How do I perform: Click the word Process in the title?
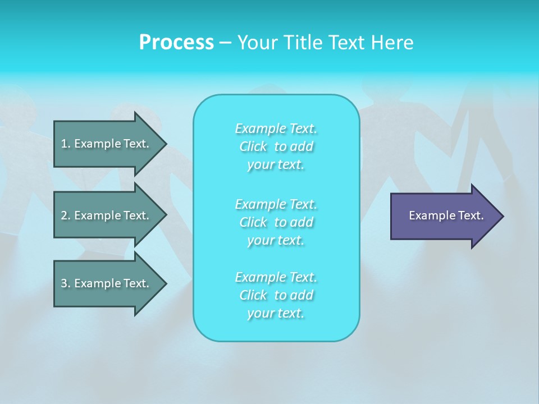(x=176, y=43)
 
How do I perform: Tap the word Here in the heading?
(x=392, y=43)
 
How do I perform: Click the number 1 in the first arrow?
(x=64, y=144)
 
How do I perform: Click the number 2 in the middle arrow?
(x=64, y=215)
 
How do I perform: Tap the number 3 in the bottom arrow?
(x=64, y=283)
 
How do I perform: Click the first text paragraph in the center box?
(x=276, y=146)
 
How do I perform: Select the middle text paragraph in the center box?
(x=276, y=222)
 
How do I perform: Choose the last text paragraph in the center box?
(x=276, y=295)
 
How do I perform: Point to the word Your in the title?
(x=256, y=43)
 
